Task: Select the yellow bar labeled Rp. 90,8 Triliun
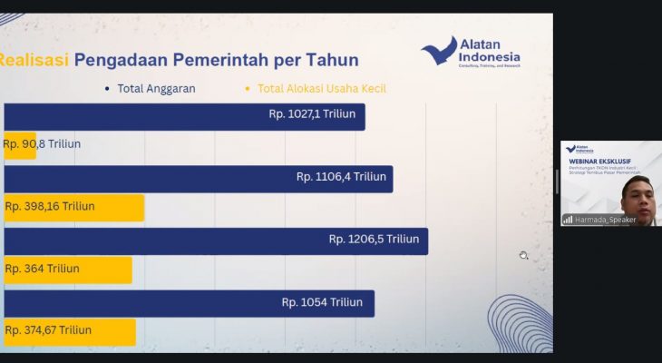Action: coord(19,145)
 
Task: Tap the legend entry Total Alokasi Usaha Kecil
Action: coord(322,89)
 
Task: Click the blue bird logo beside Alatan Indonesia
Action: coord(439,51)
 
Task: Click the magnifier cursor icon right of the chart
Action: coord(523,256)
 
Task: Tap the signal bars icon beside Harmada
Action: coord(568,220)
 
